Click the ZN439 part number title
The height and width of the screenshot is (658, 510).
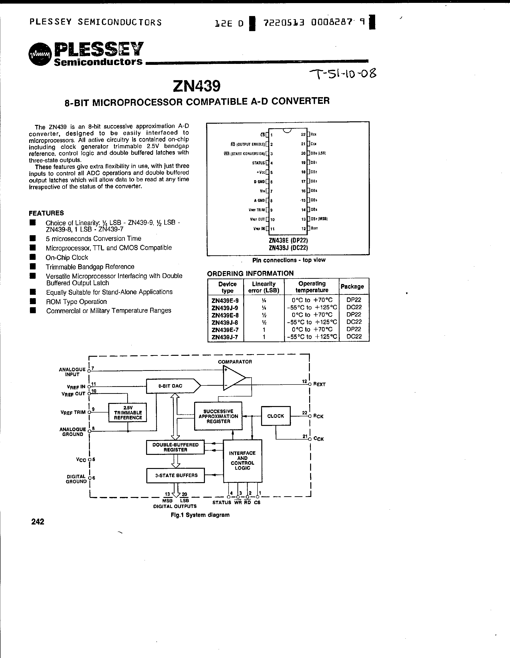(197, 86)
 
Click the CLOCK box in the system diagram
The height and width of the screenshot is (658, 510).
(275, 416)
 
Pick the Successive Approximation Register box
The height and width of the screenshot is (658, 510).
(218, 416)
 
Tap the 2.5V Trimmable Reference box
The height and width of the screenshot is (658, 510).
(128, 413)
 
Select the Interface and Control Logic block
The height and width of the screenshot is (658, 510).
(242, 461)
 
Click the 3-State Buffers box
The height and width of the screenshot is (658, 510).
(175, 475)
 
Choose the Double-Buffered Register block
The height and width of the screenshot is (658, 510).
(175, 447)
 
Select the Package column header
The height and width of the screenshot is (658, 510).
(352, 286)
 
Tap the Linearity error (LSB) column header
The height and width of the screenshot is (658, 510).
(264, 287)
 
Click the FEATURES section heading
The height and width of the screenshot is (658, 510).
(46, 213)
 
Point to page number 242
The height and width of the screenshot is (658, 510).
(38, 522)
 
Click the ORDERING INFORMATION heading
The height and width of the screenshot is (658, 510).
(250, 273)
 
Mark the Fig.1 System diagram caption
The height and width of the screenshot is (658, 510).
(200, 515)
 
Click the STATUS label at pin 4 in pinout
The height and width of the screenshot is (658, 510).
(258, 163)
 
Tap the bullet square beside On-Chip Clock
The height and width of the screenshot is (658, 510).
(33, 257)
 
